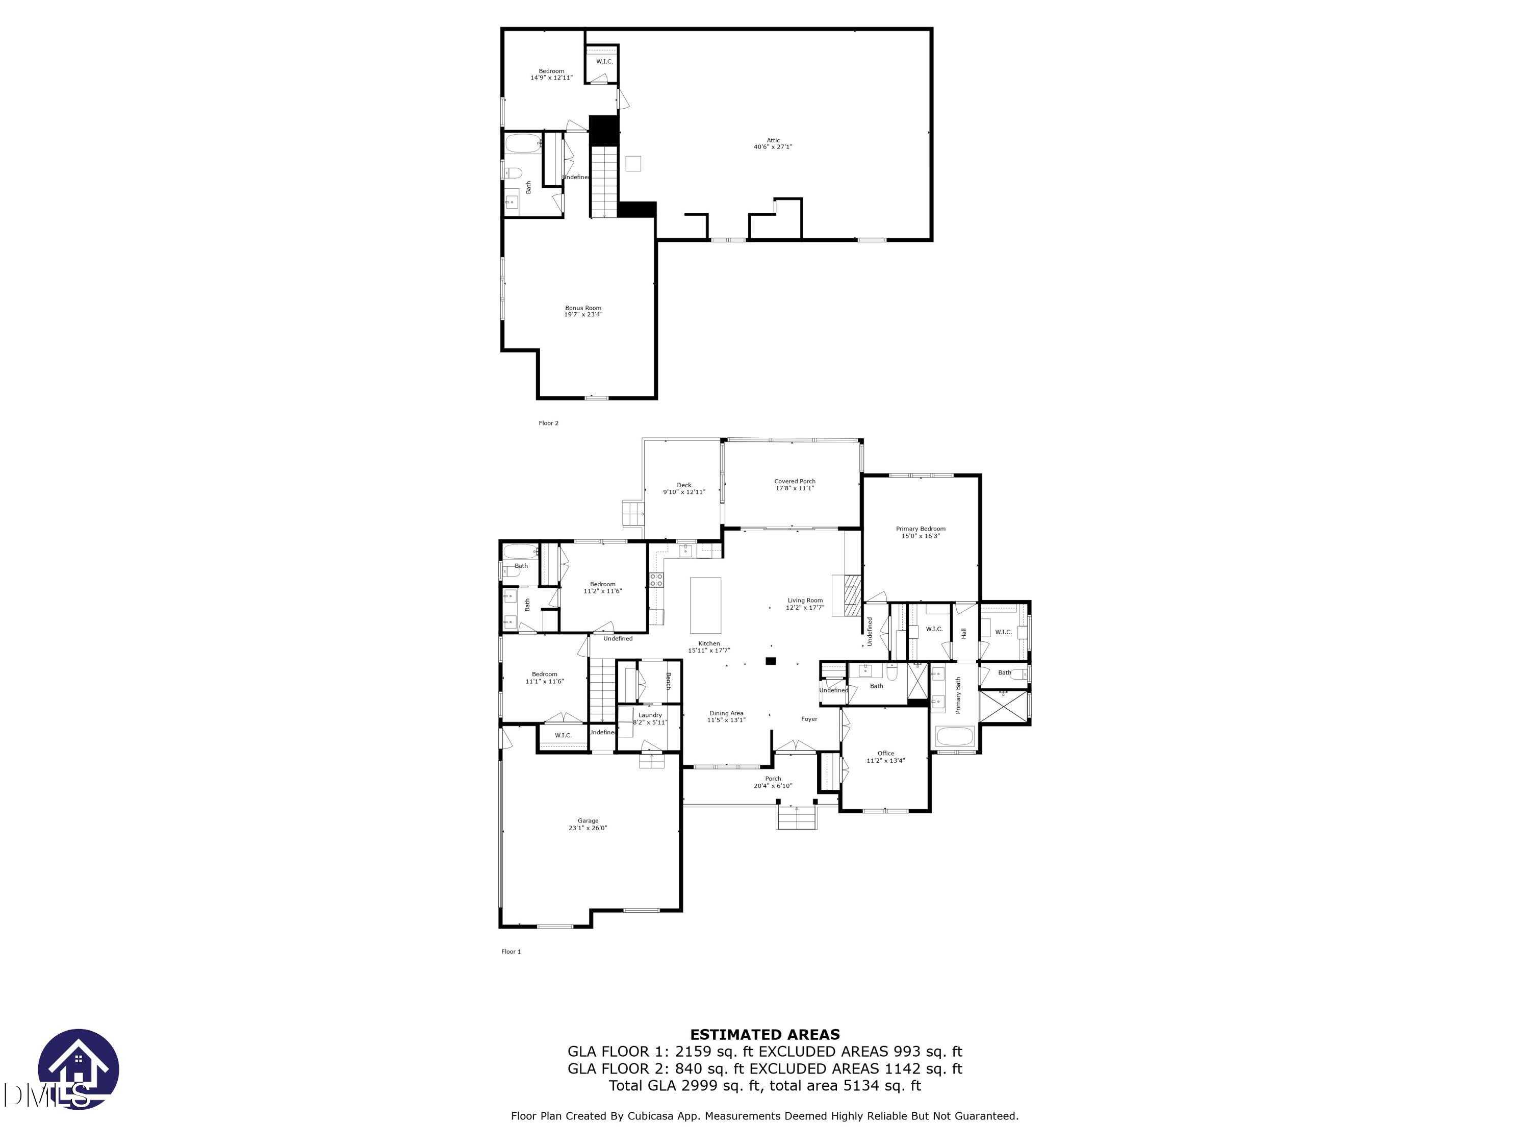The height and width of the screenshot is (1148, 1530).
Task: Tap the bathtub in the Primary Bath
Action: pyautogui.click(x=955, y=736)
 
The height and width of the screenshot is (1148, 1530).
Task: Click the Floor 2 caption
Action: pyautogui.click(x=548, y=423)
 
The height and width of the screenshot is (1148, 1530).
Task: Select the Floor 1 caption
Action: pyautogui.click(x=511, y=952)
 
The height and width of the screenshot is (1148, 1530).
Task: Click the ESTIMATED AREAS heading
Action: pyautogui.click(x=765, y=1035)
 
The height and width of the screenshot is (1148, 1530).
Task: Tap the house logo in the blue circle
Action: pyautogui.click(x=78, y=1069)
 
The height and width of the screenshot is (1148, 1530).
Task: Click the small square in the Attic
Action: pyautogui.click(x=633, y=163)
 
